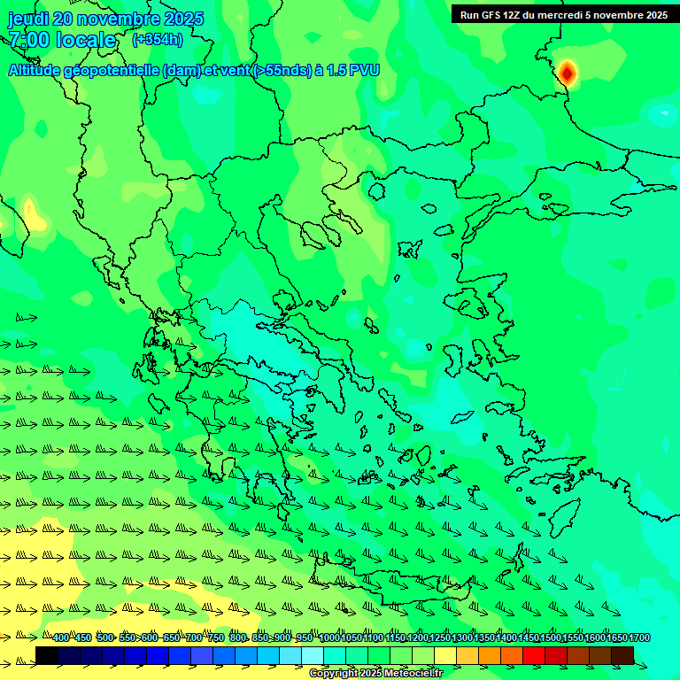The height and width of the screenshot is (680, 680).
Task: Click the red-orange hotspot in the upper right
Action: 567,73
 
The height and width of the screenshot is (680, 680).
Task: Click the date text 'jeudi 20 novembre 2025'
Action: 105,19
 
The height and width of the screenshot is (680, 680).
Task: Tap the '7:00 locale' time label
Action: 62,40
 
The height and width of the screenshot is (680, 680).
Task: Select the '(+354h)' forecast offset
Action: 157,40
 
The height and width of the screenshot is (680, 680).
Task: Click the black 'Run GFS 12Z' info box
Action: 563,14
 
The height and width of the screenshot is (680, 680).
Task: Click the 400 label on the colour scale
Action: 60,638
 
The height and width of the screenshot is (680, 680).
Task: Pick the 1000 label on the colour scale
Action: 329,638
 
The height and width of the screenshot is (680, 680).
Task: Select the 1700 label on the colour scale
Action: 639,638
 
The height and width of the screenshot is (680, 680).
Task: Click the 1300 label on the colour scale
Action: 462,638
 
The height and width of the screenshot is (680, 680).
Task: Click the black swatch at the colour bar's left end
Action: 47,655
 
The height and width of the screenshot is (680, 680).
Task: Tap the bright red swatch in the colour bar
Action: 534,655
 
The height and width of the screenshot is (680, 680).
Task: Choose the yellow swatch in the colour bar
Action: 445,655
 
